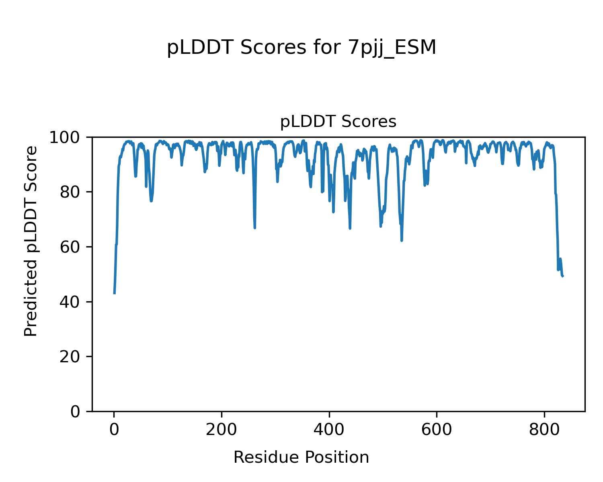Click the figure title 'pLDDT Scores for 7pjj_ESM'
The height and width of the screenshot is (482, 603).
(x=301, y=48)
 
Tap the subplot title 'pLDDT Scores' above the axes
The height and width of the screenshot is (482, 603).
(x=338, y=122)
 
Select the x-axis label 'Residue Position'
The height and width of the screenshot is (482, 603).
(x=301, y=457)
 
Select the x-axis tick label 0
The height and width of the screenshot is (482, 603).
(x=114, y=429)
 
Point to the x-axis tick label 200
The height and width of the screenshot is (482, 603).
(x=222, y=429)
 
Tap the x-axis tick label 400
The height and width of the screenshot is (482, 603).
(x=329, y=429)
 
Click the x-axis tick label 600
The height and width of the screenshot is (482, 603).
(x=437, y=429)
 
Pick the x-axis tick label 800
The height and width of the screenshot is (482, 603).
(x=544, y=429)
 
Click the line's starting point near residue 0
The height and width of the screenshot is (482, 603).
(x=115, y=293)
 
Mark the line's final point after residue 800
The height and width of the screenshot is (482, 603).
(x=563, y=276)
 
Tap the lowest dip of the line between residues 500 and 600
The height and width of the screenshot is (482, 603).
(x=402, y=240)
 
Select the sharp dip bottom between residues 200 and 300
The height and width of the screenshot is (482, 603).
(x=255, y=228)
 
